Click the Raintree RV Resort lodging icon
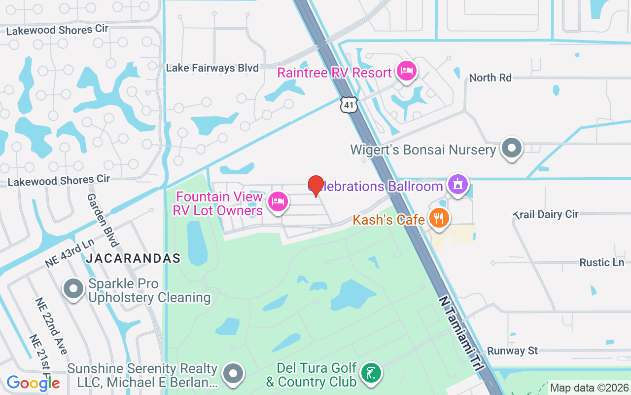click(x=406, y=72)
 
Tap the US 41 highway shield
click(x=349, y=105)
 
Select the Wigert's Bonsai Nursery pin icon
click(x=512, y=148)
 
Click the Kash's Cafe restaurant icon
click(x=438, y=218)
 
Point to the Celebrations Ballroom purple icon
click(x=458, y=185)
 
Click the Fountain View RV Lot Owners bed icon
click(x=278, y=201)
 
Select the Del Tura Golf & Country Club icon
click(x=371, y=373)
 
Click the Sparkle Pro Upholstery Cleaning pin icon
click(x=74, y=289)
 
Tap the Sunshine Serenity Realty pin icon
click(x=233, y=374)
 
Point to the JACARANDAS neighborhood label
click(x=133, y=258)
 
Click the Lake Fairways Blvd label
click(x=212, y=68)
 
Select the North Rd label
click(x=490, y=78)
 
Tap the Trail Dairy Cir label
click(x=546, y=214)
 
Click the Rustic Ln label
click(x=601, y=262)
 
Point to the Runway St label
click(x=513, y=351)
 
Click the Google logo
click(x=33, y=383)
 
